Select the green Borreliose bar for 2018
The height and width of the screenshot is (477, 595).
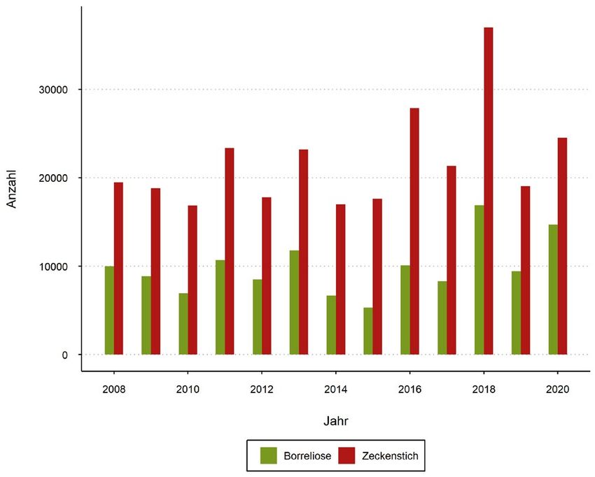click(x=479, y=280)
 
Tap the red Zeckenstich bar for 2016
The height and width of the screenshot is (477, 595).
click(x=414, y=232)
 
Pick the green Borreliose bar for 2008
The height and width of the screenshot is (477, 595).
click(x=109, y=311)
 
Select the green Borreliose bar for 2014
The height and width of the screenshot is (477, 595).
click(x=331, y=325)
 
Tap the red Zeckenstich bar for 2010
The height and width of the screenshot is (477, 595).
click(x=192, y=280)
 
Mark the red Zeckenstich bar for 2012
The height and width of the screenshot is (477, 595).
click(x=267, y=276)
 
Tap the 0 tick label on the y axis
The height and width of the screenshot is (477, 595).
click(x=64, y=355)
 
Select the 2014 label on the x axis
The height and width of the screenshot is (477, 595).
click(x=336, y=387)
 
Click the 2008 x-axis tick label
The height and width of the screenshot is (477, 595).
click(x=114, y=387)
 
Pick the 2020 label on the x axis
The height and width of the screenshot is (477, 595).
click(x=558, y=387)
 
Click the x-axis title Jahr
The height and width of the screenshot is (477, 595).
click(x=336, y=421)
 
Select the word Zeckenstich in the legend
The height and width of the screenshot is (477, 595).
click(x=391, y=456)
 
